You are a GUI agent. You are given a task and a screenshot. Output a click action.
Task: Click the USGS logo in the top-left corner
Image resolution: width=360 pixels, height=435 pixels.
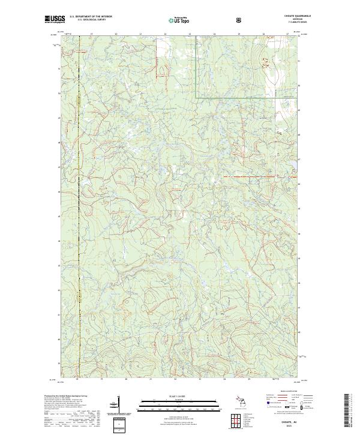[54, 19]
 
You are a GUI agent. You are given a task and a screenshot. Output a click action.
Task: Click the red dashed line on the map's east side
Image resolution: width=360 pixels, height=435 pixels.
[252, 177]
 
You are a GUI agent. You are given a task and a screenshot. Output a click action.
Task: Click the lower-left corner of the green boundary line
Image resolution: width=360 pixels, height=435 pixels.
[197, 97]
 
